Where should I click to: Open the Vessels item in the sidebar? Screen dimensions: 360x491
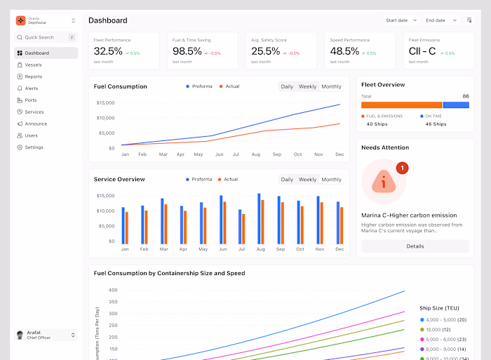pos(33,65)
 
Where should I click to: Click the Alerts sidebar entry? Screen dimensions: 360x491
pos(32,88)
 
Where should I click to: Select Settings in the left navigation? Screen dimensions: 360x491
pos(34,147)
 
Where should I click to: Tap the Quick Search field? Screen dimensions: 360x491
pos(39,37)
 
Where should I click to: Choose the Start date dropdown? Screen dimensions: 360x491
pos(401,20)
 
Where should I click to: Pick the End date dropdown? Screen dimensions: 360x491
pos(440,20)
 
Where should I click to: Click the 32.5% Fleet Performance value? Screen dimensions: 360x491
pos(108,51)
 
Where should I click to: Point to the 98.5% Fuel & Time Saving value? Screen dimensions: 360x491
pos(187,51)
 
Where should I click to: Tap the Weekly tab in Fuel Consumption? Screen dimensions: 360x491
pos(307,87)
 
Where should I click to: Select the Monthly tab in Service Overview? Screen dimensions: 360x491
pos(331,180)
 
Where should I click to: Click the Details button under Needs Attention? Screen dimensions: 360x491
pos(415,246)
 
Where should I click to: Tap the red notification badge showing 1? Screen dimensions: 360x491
pos(401,168)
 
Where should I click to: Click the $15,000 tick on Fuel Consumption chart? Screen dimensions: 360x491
pos(105,103)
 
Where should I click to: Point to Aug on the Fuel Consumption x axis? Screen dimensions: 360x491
pos(255,154)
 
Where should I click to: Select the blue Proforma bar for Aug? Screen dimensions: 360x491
pos(259,218)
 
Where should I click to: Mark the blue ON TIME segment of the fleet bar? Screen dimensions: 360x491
pos(456,105)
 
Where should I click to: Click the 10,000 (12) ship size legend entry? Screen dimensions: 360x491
pos(438,329)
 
